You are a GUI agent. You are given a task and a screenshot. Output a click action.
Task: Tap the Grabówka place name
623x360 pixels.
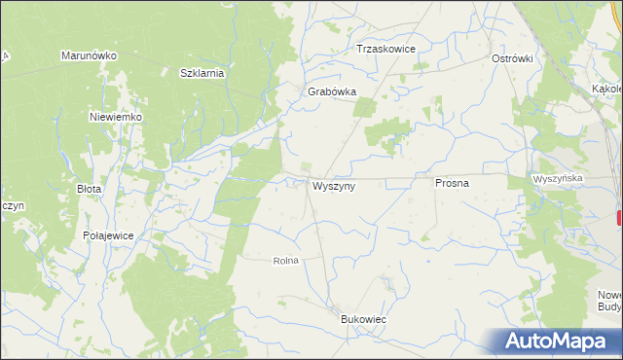click(x=332, y=91)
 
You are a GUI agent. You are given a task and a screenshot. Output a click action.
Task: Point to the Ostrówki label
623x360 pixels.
click(x=512, y=58)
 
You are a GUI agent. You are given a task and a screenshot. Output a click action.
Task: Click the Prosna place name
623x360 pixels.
click(x=453, y=182)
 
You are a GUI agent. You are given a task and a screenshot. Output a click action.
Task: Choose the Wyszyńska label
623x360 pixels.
click(x=558, y=179)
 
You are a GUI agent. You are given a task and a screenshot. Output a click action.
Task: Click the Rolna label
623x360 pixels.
click(x=284, y=261)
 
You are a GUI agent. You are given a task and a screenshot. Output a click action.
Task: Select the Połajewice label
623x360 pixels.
click(x=108, y=236)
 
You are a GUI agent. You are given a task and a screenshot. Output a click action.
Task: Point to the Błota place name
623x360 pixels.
click(x=89, y=189)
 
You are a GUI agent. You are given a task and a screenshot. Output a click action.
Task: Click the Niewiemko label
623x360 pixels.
click(x=116, y=117)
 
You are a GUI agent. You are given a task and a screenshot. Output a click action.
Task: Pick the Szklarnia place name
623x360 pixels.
click(x=202, y=73)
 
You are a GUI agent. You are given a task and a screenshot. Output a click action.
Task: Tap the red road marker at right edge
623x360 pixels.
click(x=619, y=219)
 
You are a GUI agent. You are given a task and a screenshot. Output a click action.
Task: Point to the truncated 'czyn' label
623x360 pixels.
click(x=12, y=206)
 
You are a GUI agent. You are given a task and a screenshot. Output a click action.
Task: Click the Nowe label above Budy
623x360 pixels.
click(x=609, y=294)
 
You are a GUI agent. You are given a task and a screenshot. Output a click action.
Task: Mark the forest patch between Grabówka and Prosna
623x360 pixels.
click(x=389, y=133)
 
